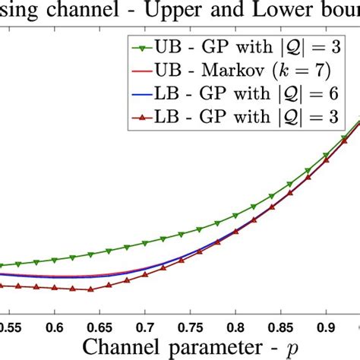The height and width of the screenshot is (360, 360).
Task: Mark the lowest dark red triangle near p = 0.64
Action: pos(90,289)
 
